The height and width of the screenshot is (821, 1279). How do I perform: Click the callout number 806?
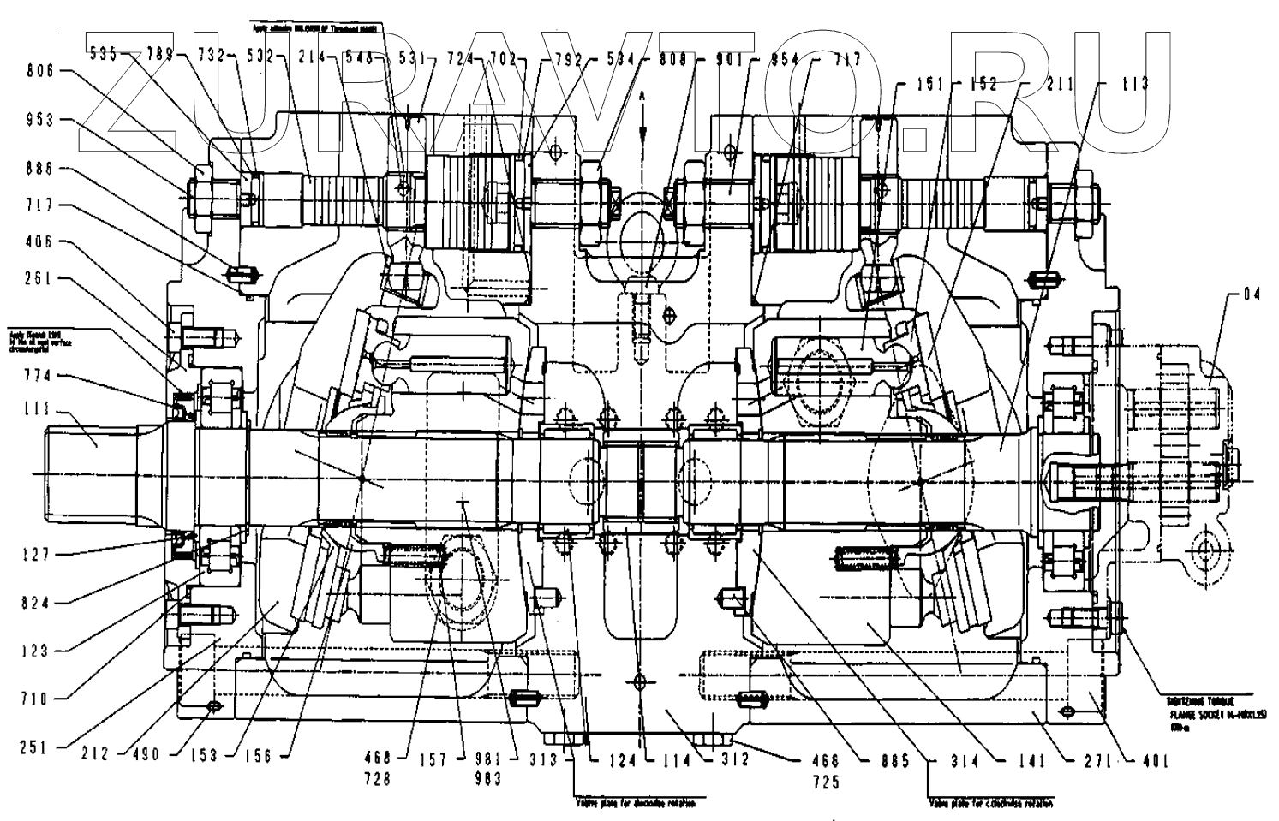(x=39, y=72)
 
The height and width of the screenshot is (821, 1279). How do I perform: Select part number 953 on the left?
(x=39, y=121)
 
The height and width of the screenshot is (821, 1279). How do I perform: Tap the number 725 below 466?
(x=827, y=782)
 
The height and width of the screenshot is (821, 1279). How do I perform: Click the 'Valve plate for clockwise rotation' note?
(x=634, y=804)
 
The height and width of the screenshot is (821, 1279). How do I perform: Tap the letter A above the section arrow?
(x=642, y=97)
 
